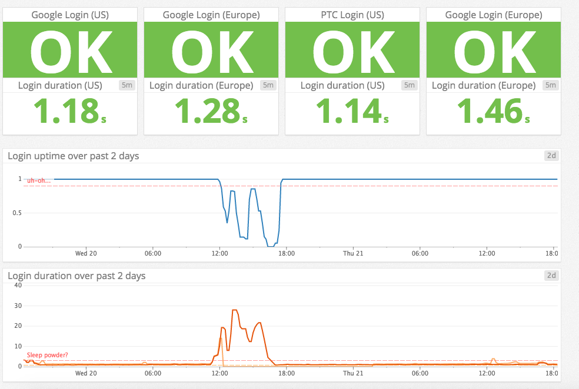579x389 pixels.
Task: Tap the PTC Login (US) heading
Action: point(352,15)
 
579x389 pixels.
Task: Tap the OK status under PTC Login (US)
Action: point(352,51)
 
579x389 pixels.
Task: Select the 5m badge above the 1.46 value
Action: point(550,85)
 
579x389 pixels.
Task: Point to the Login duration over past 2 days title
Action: point(76,276)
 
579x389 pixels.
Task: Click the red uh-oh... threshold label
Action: point(39,180)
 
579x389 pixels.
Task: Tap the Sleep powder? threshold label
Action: point(47,355)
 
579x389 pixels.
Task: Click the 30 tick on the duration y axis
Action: point(18,306)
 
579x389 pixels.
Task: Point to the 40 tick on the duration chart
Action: point(18,286)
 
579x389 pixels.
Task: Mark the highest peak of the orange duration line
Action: point(235,310)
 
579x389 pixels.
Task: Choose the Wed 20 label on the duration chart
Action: point(86,373)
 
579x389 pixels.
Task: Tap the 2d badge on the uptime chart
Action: point(551,156)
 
